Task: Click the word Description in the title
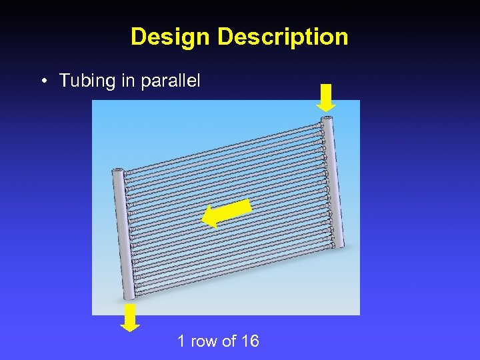click(x=283, y=37)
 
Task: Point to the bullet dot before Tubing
click(x=43, y=81)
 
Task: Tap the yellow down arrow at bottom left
click(x=130, y=318)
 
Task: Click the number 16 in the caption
click(x=250, y=341)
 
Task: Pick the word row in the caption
click(x=205, y=341)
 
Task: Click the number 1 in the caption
click(x=181, y=341)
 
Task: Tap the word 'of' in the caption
click(x=229, y=341)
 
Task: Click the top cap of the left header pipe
click(x=119, y=171)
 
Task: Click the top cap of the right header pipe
click(x=327, y=119)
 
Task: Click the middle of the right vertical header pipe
click(x=333, y=181)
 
